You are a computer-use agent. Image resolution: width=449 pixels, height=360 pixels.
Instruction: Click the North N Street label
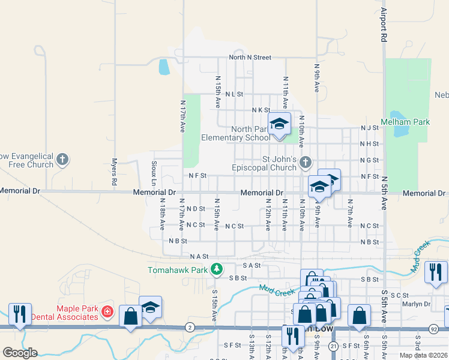[x=250, y=58]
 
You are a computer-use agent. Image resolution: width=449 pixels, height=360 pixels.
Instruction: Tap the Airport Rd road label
[x=383, y=25]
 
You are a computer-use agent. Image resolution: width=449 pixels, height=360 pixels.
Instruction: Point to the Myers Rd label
[x=113, y=171]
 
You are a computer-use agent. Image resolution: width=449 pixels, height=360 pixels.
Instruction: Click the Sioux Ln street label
[x=154, y=173]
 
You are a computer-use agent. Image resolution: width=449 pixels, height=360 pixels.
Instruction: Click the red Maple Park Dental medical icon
[x=107, y=312]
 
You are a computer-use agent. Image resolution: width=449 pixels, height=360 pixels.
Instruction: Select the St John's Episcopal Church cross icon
[x=306, y=162]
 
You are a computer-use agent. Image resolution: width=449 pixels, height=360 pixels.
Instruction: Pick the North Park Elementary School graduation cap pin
[x=279, y=124]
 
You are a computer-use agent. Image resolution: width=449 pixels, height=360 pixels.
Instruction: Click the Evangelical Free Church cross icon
[x=63, y=160]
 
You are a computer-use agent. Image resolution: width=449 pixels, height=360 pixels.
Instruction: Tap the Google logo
[x=19, y=353]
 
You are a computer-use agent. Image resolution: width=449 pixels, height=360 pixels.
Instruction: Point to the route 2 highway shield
[x=190, y=327]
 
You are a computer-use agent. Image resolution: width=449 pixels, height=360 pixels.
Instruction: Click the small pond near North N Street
[x=163, y=67]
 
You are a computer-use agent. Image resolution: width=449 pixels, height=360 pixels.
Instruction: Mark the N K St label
[x=261, y=110]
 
